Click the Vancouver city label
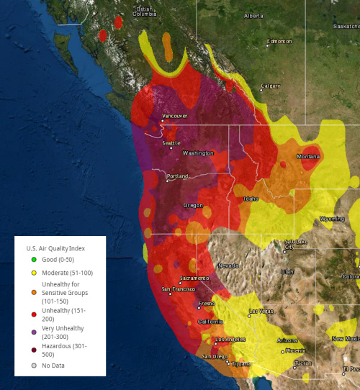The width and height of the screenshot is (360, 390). coord(175,116)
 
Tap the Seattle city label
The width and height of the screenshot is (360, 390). coord(171,143)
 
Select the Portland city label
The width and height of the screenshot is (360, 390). coord(177,176)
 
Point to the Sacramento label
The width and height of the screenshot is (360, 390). coord(194,278)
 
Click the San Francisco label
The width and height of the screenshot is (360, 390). coord(177,289)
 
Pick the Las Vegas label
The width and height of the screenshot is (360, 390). coord(261,312)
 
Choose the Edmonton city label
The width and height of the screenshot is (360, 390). coord(279,42)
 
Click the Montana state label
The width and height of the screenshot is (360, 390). coord(308,157)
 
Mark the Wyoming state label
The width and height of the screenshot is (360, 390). coord(332,218)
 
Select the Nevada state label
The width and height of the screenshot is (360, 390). coord(228,266)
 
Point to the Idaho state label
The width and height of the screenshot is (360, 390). coord(251,199)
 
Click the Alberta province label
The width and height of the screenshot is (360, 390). coord(253,15)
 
